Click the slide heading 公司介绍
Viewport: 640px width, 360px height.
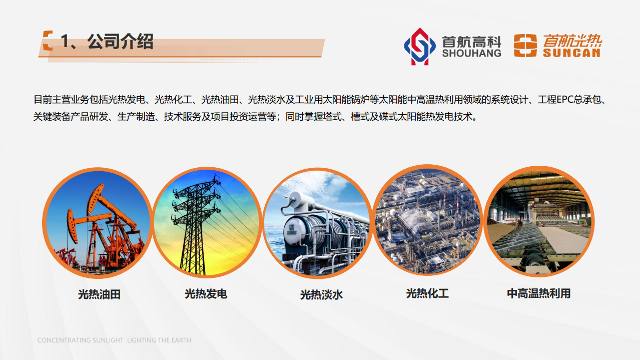click(120, 42)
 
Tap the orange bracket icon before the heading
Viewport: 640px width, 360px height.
click(48, 41)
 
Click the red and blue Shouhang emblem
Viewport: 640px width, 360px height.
click(419, 46)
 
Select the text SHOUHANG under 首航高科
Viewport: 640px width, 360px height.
click(471, 53)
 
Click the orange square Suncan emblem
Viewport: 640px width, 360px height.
click(525, 46)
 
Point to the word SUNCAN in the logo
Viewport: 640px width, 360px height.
click(572, 53)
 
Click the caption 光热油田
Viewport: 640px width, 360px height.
click(99, 294)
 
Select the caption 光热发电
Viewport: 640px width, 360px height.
click(206, 293)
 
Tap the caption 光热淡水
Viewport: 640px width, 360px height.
click(321, 294)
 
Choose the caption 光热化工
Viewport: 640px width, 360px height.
click(427, 293)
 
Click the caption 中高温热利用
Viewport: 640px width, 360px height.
click(538, 293)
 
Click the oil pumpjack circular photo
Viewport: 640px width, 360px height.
click(97, 223)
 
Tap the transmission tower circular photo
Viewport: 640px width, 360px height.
click(207, 223)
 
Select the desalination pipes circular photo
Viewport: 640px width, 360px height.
click(317, 223)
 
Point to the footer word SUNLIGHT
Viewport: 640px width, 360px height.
click(108, 340)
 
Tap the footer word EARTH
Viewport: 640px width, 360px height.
click(181, 340)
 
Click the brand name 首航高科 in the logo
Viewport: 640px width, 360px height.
click(471, 41)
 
